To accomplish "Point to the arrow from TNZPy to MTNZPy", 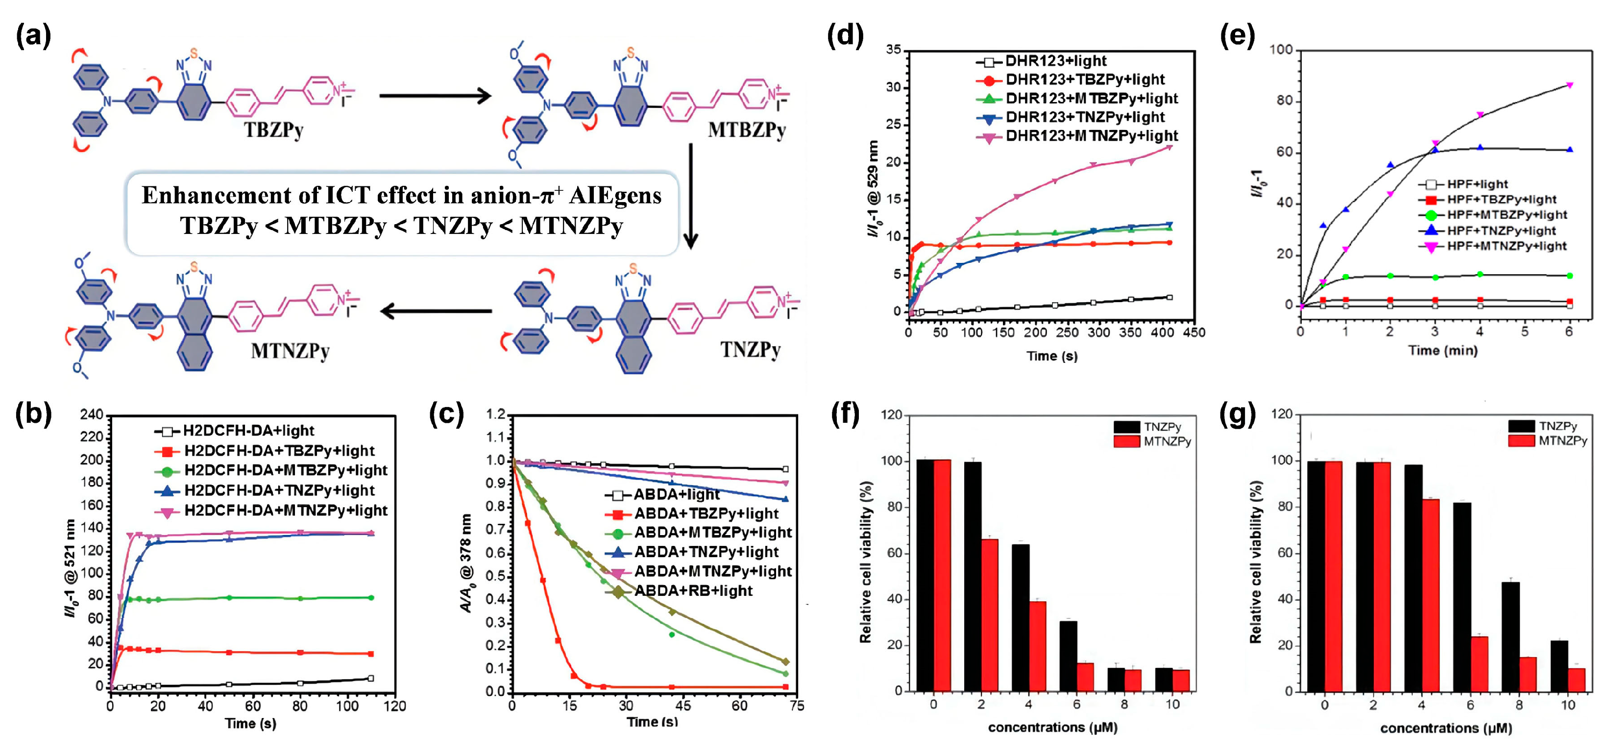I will pos(436,311).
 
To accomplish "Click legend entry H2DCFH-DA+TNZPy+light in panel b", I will pos(279,490).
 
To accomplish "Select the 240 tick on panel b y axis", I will pos(91,415).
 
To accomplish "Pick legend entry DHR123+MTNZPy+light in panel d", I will pos(1091,136).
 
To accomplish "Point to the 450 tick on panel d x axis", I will pos(1193,333).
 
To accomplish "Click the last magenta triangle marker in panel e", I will pos(1570,85).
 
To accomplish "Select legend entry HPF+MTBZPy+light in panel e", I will pos(1507,215).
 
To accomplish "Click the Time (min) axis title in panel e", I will pos(1442,351).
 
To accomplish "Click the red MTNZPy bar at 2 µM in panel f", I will pos(989,615).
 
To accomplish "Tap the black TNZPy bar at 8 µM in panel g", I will pos(1510,636).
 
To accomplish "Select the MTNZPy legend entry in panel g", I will pos(1561,441).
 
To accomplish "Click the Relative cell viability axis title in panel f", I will pos(865,562).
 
